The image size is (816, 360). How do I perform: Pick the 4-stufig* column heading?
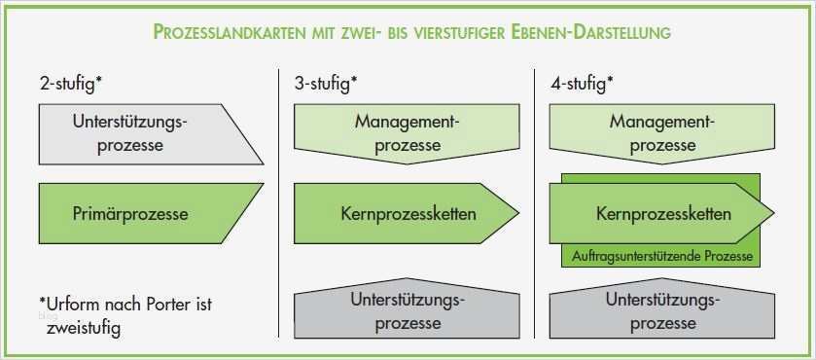point(581,85)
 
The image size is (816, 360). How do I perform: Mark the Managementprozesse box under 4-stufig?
point(662,134)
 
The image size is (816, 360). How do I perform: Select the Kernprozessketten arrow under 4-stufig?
point(661,212)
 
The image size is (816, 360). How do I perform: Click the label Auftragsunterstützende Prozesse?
point(661,257)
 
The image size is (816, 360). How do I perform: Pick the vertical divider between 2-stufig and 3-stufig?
point(279,195)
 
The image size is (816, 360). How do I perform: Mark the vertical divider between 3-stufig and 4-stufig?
point(535,195)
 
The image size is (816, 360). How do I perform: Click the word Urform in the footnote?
point(75,305)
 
